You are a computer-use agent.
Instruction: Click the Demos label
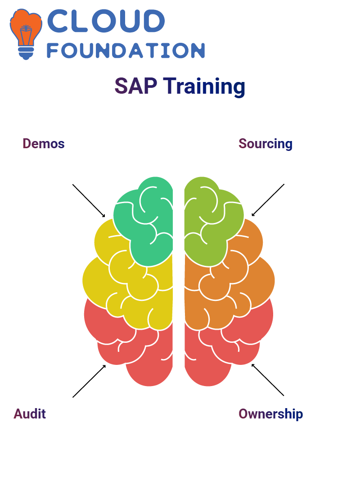coord(44,144)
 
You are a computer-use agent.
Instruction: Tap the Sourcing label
coord(265,144)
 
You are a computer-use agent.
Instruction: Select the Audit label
coord(30,414)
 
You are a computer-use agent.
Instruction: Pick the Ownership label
coord(270,414)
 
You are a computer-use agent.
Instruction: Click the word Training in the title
coord(204,86)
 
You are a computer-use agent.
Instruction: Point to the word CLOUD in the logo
coord(106,21)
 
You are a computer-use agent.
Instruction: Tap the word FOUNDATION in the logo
coord(126,50)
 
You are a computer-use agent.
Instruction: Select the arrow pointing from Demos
coord(89,201)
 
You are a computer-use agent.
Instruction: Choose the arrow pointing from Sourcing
coord(268,200)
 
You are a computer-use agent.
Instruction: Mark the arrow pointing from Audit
coord(89,381)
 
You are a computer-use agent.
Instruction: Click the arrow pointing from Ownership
coord(268,380)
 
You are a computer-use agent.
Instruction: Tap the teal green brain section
coord(144,221)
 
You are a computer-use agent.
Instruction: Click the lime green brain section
coord(212,221)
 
